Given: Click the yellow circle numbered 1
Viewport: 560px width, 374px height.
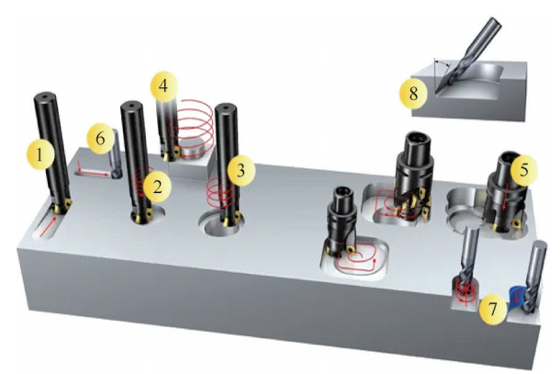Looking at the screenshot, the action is [x=40, y=154].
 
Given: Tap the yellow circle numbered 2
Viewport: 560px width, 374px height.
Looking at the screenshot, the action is [x=158, y=187].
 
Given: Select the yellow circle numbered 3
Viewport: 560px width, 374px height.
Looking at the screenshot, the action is [x=241, y=170].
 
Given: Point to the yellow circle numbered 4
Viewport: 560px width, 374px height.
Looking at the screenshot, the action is [x=163, y=85].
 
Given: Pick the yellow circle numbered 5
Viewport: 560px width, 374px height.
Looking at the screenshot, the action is [x=524, y=170].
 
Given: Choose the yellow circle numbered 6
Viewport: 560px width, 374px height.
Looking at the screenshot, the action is [x=101, y=139].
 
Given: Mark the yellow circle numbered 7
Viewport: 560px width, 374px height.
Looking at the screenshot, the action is [x=493, y=308].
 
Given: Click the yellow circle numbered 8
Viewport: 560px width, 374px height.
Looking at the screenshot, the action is [x=413, y=94].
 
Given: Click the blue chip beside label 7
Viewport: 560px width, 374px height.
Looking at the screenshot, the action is [x=516, y=296].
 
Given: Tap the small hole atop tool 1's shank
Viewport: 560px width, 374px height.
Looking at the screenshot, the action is [x=44, y=96].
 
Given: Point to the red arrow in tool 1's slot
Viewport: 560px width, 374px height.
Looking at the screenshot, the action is [x=49, y=227].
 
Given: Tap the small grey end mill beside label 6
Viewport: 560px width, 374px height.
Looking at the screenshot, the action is [x=116, y=154].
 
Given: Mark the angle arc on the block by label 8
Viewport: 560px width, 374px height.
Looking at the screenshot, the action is [x=442, y=62].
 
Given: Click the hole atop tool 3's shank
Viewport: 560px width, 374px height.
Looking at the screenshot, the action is [x=227, y=107].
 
